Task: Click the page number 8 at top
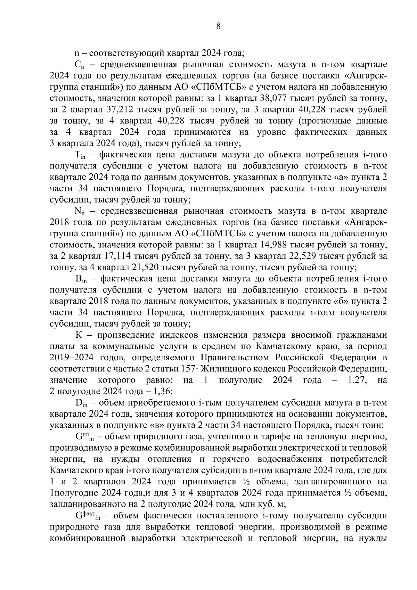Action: click(218, 26)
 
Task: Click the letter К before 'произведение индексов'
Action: click(78, 335)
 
